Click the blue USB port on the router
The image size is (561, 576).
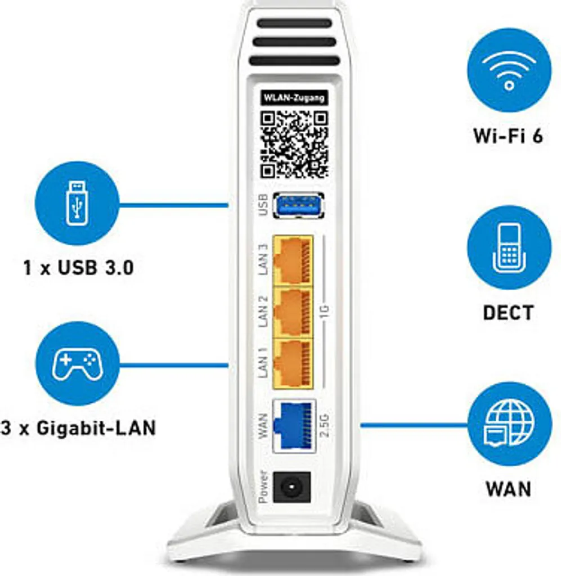click(x=299, y=205)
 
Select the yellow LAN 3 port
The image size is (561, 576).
click(x=293, y=260)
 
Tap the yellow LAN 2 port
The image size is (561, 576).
click(x=293, y=313)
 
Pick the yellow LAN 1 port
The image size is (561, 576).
click(x=293, y=364)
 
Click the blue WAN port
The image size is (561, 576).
click(x=294, y=425)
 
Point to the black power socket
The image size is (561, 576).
click(x=292, y=488)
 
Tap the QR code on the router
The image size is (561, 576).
click(x=294, y=145)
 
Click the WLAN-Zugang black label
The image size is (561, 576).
click(x=294, y=98)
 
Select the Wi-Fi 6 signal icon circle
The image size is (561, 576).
click(x=509, y=70)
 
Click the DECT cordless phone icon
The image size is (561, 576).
click(x=509, y=247)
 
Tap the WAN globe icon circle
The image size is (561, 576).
click(x=510, y=424)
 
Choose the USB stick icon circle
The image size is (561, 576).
click(x=77, y=203)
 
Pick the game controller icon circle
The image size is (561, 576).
click(x=78, y=364)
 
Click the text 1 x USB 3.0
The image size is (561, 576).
click(x=78, y=267)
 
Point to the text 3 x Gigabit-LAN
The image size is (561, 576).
click(x=78, y=428)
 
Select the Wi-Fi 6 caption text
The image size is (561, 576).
click(x=509, y=136)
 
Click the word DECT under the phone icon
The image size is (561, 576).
click(x=509, y=313)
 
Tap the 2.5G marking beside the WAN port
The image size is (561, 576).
click(x=325, y=425)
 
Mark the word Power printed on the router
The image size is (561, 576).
click(x=263, y=487)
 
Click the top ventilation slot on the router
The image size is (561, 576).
click(x=294, y=23)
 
